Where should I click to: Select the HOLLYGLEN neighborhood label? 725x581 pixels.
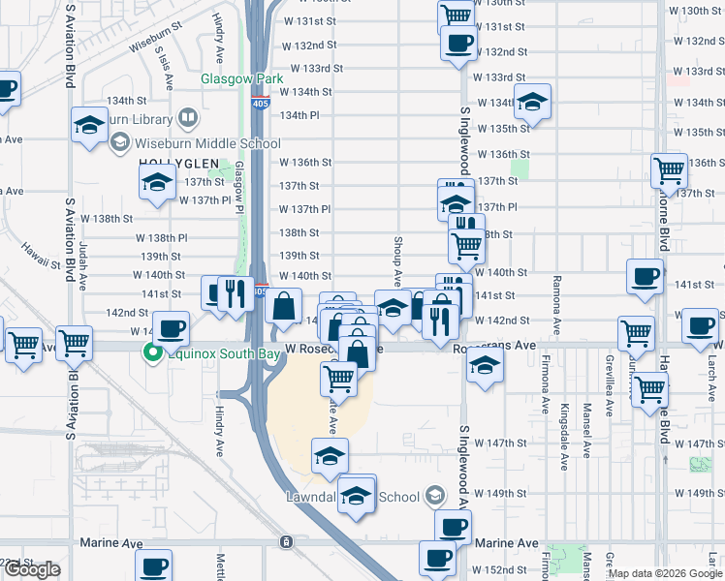coord(174,163)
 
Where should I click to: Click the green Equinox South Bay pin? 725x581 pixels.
coord(152,354)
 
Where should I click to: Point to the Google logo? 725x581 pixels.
coord(32,569)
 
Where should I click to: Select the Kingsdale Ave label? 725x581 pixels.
coord(564,430)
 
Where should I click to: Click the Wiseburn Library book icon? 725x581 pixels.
coord(187,119)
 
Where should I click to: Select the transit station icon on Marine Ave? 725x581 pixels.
coord(285,541)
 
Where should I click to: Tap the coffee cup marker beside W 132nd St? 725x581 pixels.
coord(458,43)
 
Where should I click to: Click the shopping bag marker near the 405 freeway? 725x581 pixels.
coord(282,307)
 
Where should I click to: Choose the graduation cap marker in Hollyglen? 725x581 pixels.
coord(155,182)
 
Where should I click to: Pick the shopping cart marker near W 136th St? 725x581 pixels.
coord(669,171)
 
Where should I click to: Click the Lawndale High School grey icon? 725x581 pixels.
coord(435,497)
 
